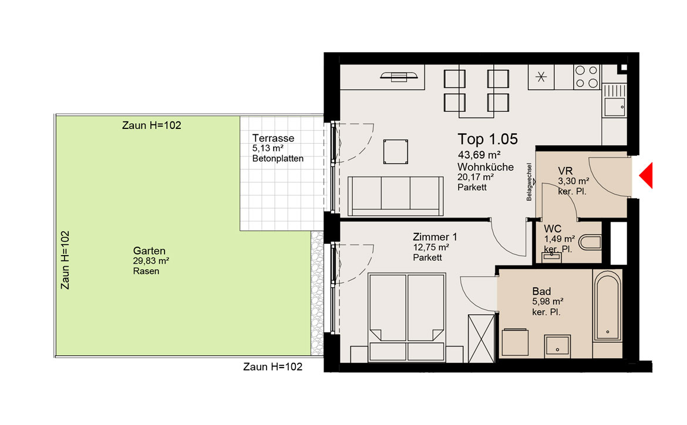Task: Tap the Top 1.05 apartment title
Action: point(487,139)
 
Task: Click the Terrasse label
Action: point(273,138)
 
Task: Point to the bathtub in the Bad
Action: point(607,305)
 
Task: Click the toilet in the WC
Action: point(590,242)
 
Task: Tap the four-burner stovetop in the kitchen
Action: point(587,77)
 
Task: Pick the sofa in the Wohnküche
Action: point(395,196)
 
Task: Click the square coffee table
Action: point(396,152)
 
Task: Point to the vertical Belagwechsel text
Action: point(529,182)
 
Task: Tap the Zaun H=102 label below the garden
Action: point(272,366)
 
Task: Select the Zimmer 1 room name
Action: point(435,237)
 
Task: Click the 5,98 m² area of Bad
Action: point(548,302)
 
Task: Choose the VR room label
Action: point(565,171)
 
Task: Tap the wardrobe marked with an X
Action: point(481,338)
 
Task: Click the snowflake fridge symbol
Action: point(541,77)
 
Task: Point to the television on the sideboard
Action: point(399,77)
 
